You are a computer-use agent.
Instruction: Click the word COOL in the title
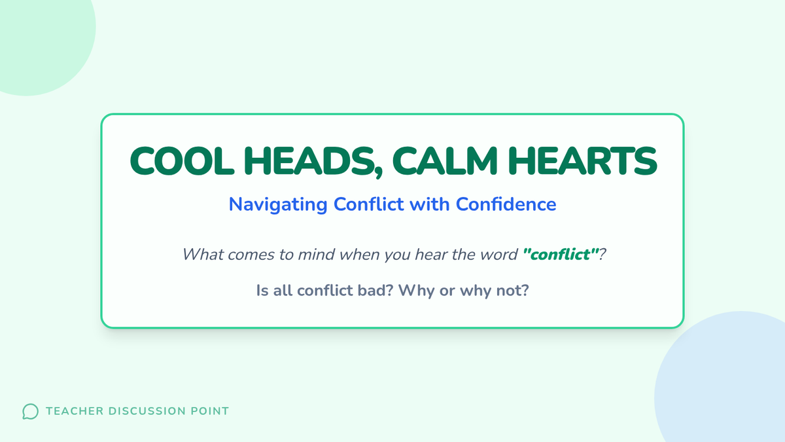182,161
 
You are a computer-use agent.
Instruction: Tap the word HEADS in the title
309,161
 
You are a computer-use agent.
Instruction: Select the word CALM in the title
445,161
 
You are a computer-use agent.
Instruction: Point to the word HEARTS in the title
582,161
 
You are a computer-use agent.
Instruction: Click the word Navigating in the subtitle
278,205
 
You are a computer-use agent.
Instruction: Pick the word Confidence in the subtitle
506,204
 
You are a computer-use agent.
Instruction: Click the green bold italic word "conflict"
560,254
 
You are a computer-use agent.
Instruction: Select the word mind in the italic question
316,254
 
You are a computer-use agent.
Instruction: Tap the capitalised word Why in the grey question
416,291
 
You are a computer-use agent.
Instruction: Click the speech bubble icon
31,411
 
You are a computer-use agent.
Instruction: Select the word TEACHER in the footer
75,411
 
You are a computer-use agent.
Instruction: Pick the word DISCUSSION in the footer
147,411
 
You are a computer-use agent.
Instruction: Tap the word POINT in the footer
209,411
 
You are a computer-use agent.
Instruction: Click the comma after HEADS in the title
379,173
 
